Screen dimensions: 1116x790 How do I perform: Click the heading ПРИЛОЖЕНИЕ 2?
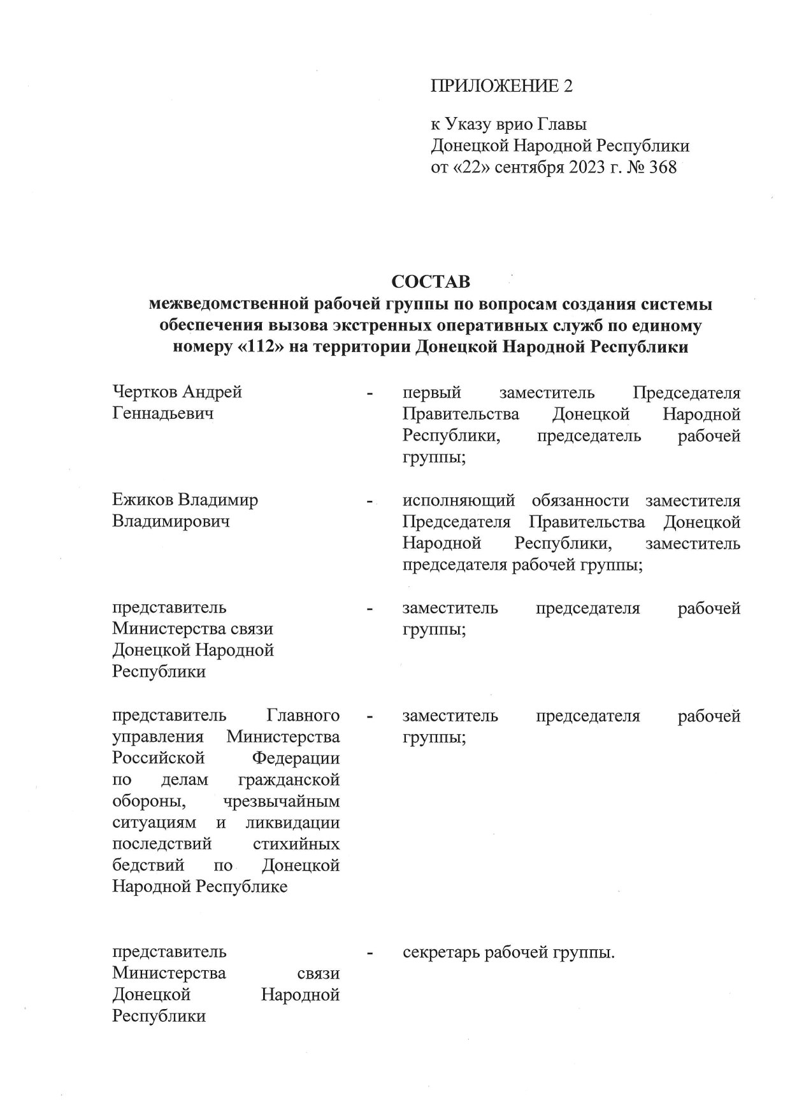pyautogui.click(x=501, y=86)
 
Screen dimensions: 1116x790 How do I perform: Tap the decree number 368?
pyautogui.click(x=661, y=168)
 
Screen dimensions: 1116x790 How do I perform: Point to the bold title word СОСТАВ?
pyautogui.click(x=430, y=281)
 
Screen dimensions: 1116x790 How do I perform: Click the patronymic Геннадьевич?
pyautogui.click(x=162, y=413)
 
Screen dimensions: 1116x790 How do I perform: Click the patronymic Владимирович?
pyautogui.click(x=170, y=521)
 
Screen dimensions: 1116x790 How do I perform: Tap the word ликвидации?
pyautogui.click(x=292, y=823)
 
